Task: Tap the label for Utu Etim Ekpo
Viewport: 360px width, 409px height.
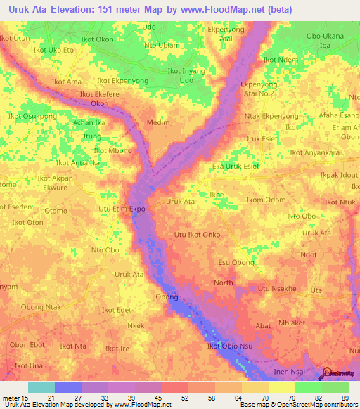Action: pos(122,209)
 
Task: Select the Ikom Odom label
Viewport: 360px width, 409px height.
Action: pos(266,200)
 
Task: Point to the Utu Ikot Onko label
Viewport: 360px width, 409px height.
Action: pos(198,235)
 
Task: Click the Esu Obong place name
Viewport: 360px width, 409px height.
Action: pos(236,262)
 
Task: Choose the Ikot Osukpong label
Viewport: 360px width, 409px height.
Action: pos(32,116)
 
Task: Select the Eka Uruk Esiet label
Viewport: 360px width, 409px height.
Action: pos(236,166)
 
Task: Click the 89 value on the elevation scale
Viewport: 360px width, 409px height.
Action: pos(344,397)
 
